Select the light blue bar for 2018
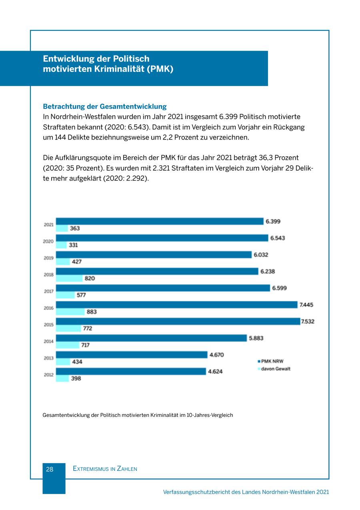(x=69, y=278)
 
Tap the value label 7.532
(x=308, y=321)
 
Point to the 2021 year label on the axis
(x=48, y=225)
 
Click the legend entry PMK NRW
(x=272, y=361)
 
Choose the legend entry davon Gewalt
(x=276, y=369)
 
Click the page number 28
(x=50, y=469)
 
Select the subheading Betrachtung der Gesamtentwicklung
(x=104, y=106)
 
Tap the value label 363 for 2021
(x=75, y=228)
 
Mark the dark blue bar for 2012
(x=131, y=371)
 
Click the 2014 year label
(x=48, y=341)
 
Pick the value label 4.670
(x=216, y=355)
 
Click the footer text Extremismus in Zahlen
(x=105, y=469)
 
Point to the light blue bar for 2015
(x=68, y=328)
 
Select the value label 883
(x=92, y=312)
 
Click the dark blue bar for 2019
(x=154, y=255)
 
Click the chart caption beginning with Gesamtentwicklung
(x=138, y=415)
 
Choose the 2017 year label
(x=48, y=291)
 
